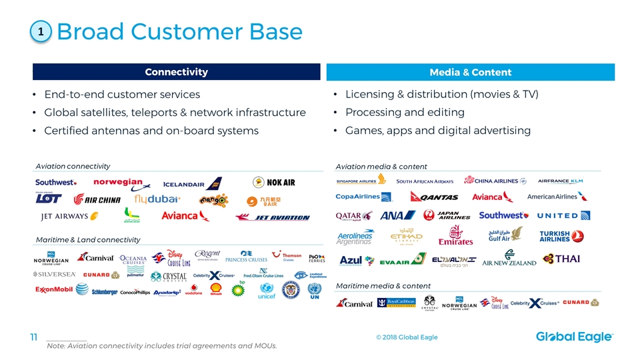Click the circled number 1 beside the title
[41, 31]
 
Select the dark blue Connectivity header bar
[177, 72]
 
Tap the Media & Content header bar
[471, 72]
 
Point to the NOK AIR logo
[274, 182]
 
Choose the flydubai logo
[157, 199]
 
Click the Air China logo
[98, 199]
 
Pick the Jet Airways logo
[66, 216]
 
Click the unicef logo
[267, 291]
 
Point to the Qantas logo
[433, 197]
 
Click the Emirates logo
[455, 235]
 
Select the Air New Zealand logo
[509, 259]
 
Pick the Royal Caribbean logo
[399, 303]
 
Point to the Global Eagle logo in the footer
[574, 337]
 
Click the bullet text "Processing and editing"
[405, 112]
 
